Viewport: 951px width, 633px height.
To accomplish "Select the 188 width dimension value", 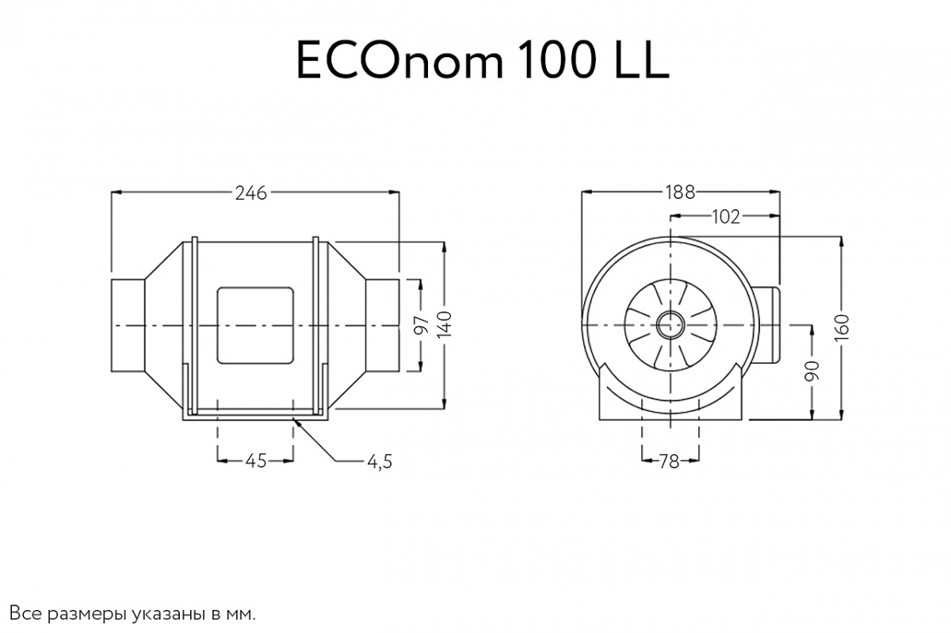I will pos(680,192).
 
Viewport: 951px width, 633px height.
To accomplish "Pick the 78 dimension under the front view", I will pos(670,461).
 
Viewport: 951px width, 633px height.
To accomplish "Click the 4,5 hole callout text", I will pos(380,461).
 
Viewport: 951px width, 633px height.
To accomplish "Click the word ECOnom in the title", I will pos(399,62).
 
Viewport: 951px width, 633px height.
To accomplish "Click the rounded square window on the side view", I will pos(255,326).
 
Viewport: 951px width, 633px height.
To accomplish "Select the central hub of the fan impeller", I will pos(670,326).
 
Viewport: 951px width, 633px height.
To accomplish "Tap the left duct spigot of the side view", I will pos(128,326).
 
